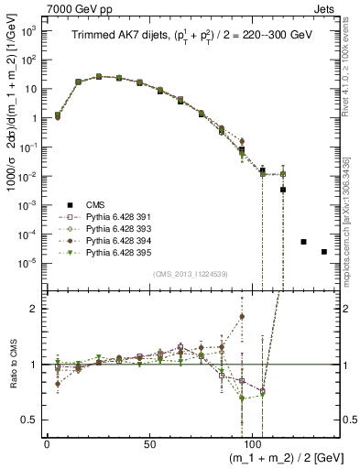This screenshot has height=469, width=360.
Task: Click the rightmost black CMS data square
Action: pos(324,252)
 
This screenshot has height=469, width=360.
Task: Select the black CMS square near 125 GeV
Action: pos(303,242)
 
